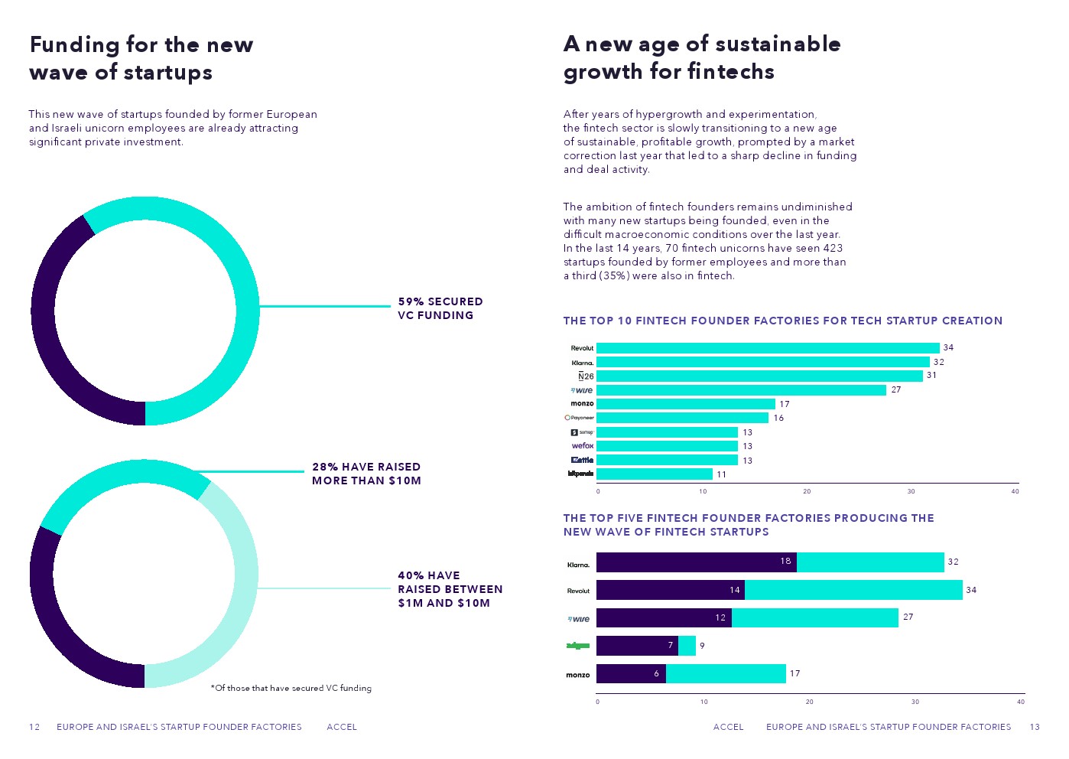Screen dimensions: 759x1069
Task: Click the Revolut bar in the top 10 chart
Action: tap(767, 348)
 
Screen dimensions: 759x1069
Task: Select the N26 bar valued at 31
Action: tap(759, 376)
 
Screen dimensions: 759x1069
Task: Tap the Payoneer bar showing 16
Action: tap(682, 418)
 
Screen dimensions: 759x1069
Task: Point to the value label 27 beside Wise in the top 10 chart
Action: tap(896, 390)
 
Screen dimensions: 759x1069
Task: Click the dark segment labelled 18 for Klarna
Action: tap(696, 562)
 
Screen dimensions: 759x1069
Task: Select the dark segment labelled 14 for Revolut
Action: tap(670, 590)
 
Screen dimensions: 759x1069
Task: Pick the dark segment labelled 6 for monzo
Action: tap(631, 674)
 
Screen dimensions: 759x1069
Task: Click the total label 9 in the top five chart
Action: tap(702, 646)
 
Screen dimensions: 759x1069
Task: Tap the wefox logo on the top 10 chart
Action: tap(583, 446)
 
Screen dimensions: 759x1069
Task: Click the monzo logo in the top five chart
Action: tap(578, 675)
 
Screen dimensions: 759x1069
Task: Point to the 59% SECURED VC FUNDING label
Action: tap(440, 308)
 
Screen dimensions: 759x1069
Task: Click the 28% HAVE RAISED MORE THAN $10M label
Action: tap(366, 474)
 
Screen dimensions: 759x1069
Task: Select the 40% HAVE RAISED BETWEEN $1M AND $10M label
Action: tap(450, 589)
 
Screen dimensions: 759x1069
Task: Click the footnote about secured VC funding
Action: tap(291, 689)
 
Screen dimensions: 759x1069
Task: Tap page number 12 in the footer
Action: tap(34, 727)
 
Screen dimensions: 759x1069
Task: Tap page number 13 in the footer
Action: tap(1035, 727)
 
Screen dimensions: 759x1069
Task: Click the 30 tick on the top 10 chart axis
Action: tap(911, 492)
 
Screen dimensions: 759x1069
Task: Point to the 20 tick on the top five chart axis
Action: tap(809, 702)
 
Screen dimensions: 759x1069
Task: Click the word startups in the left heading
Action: tap(168, 73)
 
